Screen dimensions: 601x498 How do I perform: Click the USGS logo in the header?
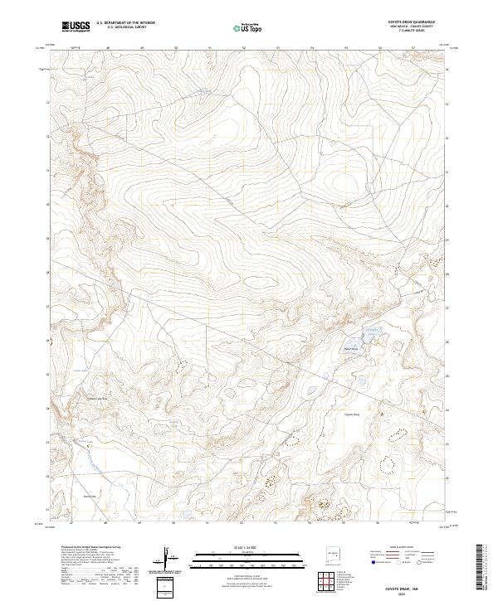(x=76, y=27)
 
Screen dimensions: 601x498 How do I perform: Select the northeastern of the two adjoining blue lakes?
(x=371, y=334)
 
